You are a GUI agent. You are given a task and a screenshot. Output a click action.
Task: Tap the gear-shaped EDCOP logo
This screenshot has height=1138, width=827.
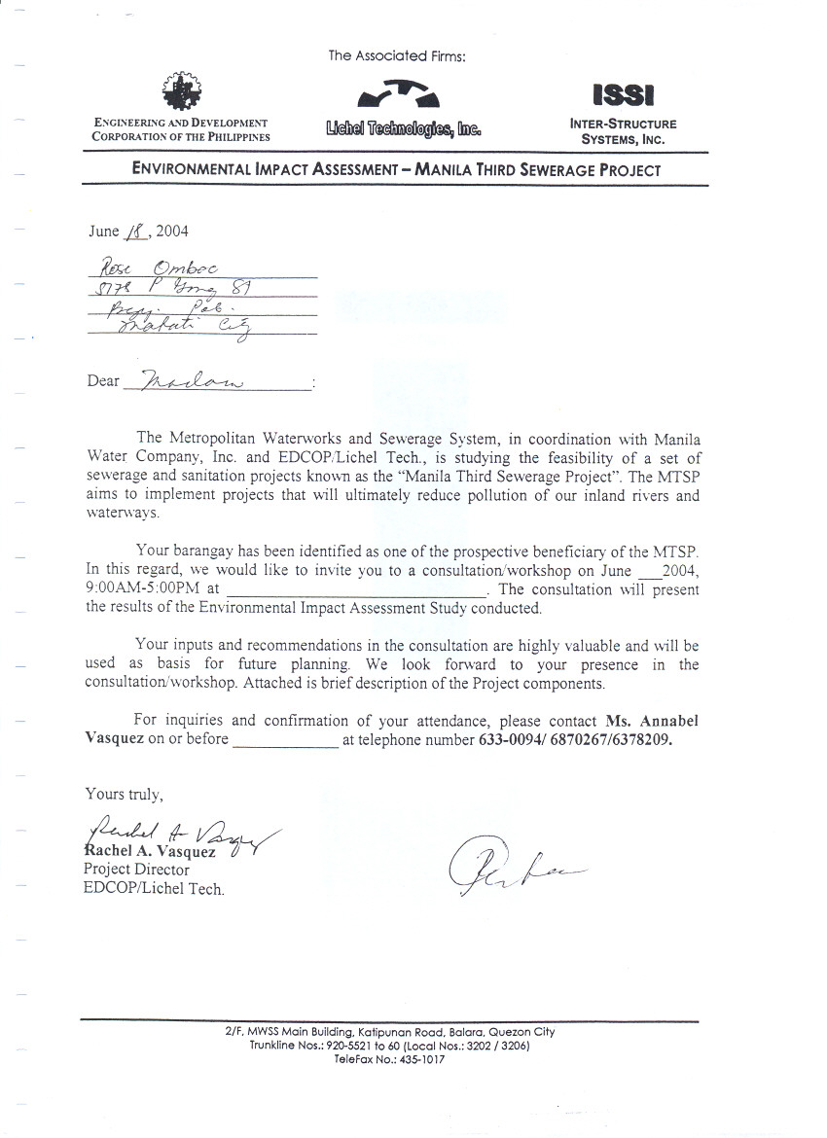pos(181,92)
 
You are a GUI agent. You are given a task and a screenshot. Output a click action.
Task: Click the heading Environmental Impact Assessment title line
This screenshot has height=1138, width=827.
pos(396,170)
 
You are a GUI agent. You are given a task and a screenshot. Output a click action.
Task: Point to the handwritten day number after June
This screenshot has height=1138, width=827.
pos(137,231)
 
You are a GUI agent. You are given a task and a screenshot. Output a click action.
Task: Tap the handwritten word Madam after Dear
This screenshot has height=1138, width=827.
pos(193,380)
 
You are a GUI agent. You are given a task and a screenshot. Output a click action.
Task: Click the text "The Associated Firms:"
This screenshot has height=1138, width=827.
pos(397,56)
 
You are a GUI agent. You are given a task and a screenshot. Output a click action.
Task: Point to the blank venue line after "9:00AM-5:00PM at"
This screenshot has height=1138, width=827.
pos(354,590)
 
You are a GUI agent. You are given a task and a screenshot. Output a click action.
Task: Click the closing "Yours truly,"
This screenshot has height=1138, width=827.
pos(119,794)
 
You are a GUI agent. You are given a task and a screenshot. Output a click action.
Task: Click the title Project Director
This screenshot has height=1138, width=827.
pos(136,870)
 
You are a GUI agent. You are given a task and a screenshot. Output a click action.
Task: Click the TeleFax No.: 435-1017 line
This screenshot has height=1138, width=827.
pos(389,1059)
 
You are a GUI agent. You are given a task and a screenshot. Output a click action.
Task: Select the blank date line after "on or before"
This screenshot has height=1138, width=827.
pos(285,740)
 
